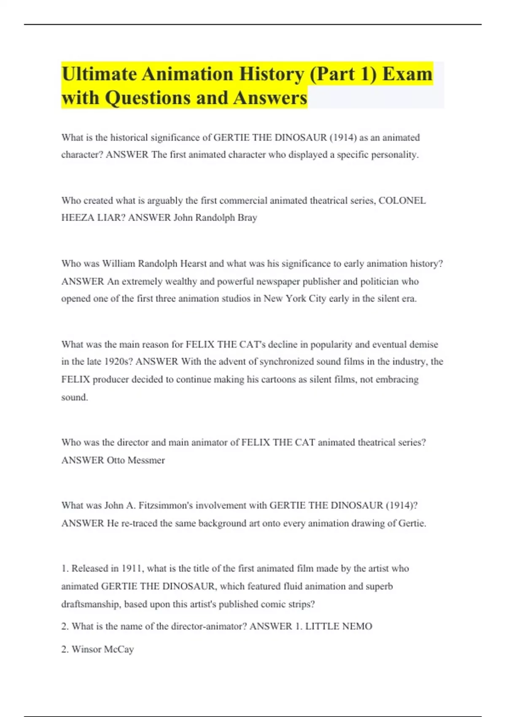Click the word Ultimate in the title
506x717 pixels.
coord(100,74)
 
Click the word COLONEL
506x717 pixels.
coord(402,200)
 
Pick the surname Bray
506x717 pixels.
coord(248,218)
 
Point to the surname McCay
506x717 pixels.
coord(118,649)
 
